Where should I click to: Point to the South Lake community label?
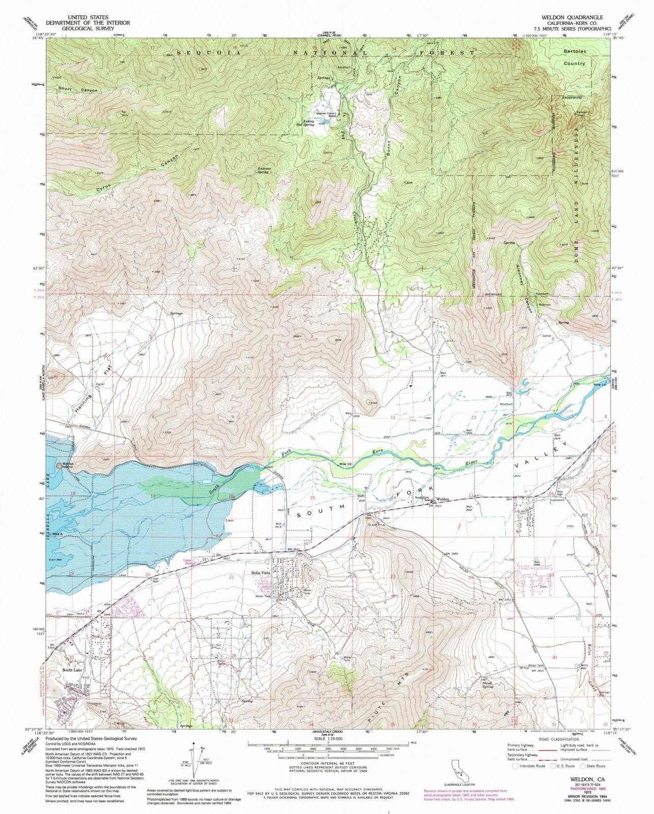(72, 670)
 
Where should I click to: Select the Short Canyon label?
(77, 90)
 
